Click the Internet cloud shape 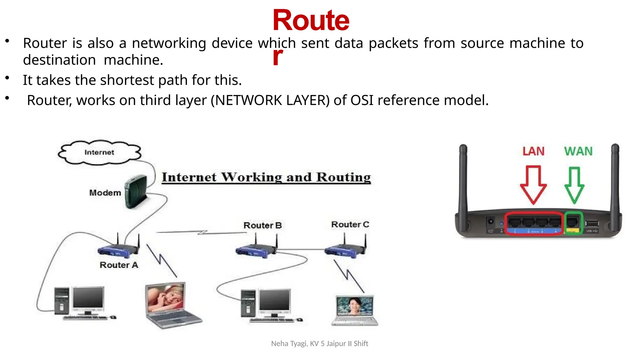(99, 152)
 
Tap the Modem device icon (136, 191)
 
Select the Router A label (119, 265)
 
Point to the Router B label (262, 225)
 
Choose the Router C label (350, 224)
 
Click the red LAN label (533, 151)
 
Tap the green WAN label (578, 151)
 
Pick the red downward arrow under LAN (533, 184)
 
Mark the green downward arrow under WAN (574, 184)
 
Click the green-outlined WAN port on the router (573, 223)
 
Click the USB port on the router (592, 223)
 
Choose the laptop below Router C (355, 309)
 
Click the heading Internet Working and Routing (266, 177)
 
